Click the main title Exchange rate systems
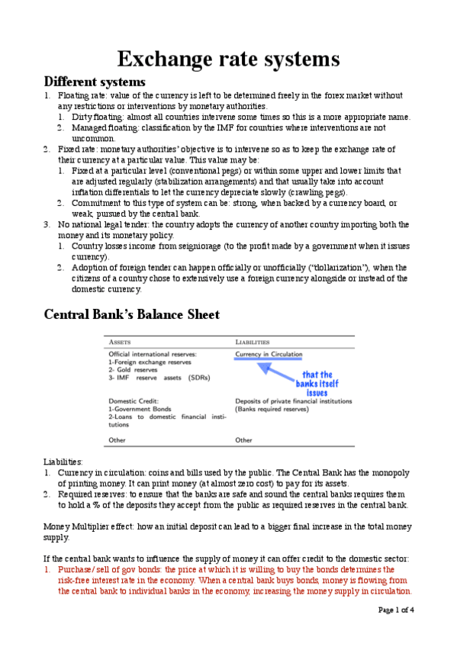(x=228, y=59)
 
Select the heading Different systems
(x=95, y=82)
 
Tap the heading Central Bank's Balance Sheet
(x=131, y=314)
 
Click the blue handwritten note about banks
(x=317, y=384)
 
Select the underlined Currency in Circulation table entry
(x=269, y=354)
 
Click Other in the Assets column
(x=117, y=440)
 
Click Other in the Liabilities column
(x=243, y=440)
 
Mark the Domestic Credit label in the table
(x=134, y=401)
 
